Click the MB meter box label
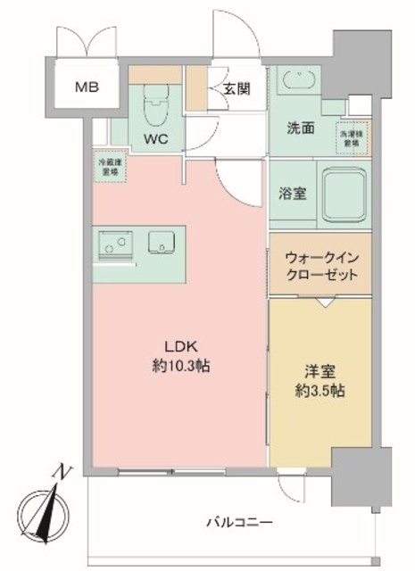(x=86, y=87)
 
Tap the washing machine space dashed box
(x=350, y=137)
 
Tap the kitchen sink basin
(x=163, y=242)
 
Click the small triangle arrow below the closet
(x=323, y=303)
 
